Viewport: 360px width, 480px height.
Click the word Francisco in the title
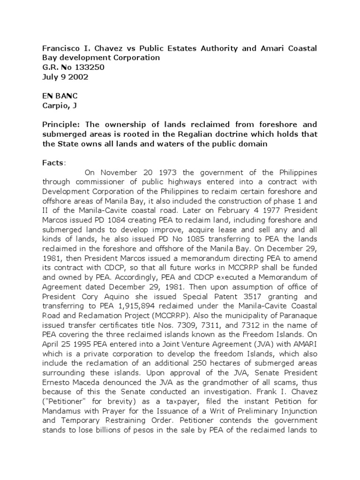(x=60, y=49)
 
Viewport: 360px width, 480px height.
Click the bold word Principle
(x=60, y=125)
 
